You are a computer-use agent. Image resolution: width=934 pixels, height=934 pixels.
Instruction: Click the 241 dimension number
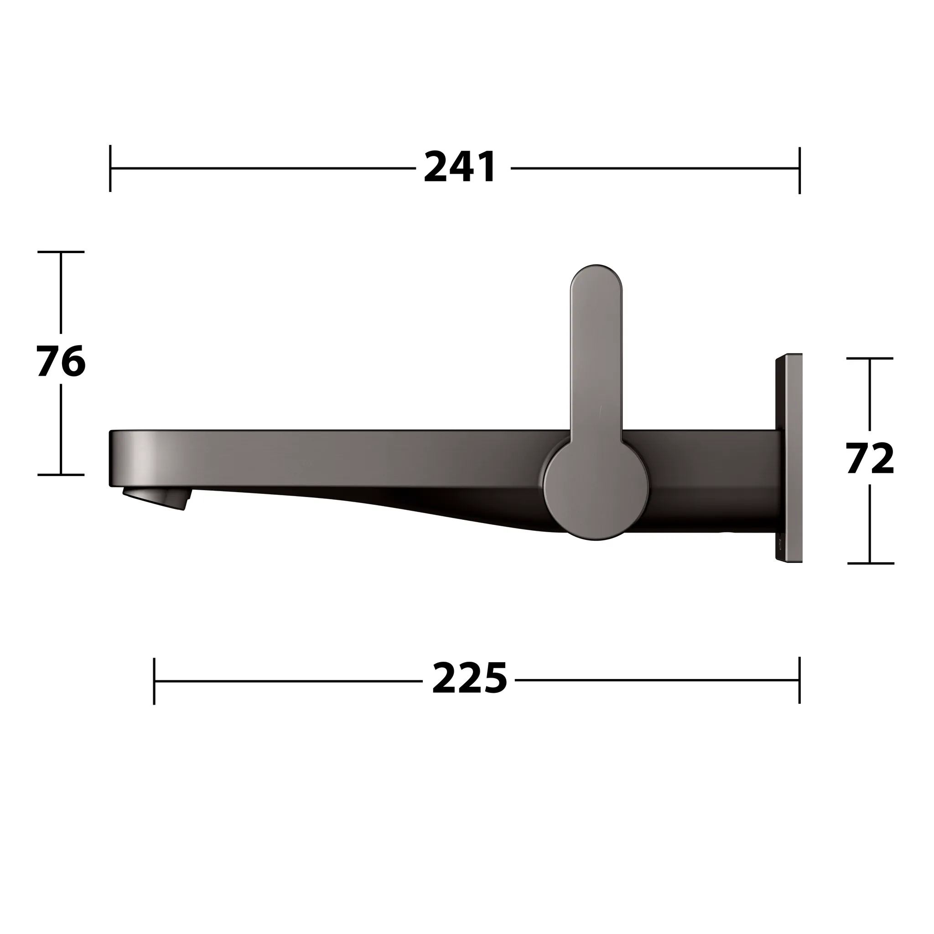pyautogui.click(x=460, y=167)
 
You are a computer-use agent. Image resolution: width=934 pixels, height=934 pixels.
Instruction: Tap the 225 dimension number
pyautogui.click(x=469, y=679)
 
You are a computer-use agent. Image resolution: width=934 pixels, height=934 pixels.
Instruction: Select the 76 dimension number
pyautogui.click(x=61, y=361)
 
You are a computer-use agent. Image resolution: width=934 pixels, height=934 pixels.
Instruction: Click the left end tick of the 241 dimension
pyautogui.click(x=110, y=168)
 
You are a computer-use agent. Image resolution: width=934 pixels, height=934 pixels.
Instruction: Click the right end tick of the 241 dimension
pyautogui.click(x=799, y=170)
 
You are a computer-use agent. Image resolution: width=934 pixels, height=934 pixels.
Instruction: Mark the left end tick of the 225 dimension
pyautogui.click(x=154, y=681)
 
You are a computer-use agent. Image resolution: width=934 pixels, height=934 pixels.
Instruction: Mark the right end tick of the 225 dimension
pyautogui.click(x=799, y=680)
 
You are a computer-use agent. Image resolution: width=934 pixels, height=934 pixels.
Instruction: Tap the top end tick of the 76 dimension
pyautogui.click(x=61, y=252)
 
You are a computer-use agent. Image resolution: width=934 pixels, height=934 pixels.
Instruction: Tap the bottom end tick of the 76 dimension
pyautogui.click(x=61, y=475)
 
